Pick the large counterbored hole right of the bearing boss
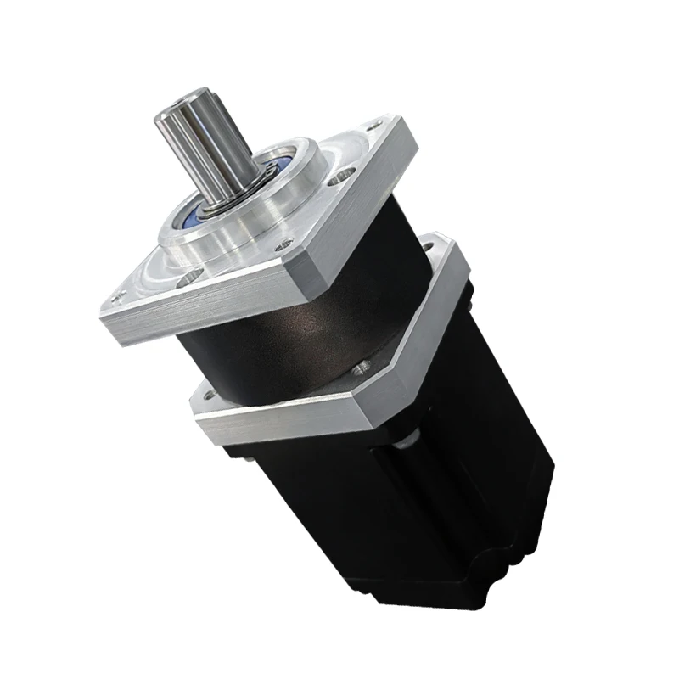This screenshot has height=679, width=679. (340, 178)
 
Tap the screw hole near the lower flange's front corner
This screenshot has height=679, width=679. (363, 366)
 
